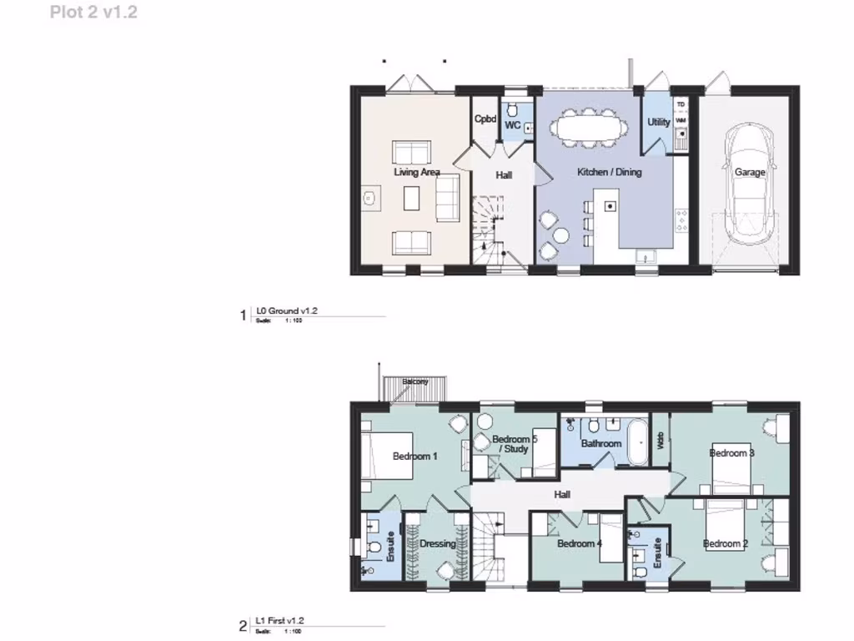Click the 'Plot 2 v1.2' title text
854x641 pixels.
93,13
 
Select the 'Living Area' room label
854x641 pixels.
416,173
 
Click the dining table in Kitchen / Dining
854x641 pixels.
590,129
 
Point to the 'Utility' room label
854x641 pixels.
659,122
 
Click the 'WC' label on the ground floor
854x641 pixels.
513,126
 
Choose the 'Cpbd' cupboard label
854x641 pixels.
485,119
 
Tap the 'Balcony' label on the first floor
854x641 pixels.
415,381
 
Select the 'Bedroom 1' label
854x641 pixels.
414,456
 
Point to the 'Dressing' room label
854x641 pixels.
437,544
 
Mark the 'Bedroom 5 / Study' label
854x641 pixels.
514,444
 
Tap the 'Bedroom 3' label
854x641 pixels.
731,453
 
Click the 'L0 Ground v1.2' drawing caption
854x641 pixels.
286,310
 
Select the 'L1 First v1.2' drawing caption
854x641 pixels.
279,621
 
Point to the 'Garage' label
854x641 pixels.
749,173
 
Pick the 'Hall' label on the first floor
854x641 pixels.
562,495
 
